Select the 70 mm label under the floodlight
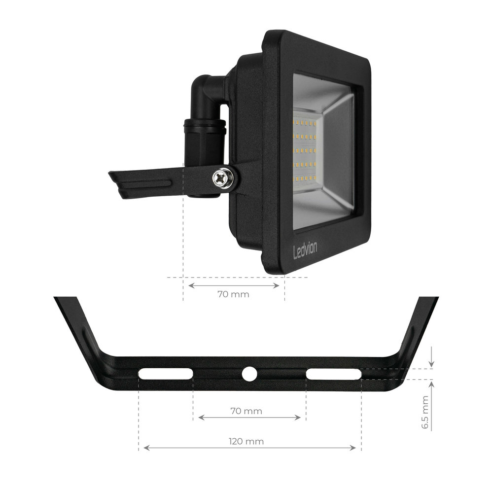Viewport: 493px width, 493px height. pos(233,295)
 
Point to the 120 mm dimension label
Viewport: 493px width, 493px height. pos(249,441)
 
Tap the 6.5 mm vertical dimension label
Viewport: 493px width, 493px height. pos(425,412)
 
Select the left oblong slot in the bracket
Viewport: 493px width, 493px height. pos(165,374)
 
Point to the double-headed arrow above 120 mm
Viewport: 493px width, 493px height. pos(249,448)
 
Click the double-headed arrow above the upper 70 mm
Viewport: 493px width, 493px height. pos(233,285)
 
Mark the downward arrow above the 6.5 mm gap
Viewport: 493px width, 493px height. pos(431,357)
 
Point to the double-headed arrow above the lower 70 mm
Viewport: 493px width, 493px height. pos(249,418)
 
